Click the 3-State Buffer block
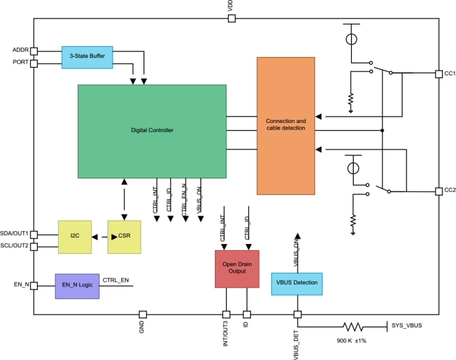(x=87, y=56)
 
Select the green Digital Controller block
(x=152, y=130)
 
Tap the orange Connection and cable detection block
(x=286, y=126)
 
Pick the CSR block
(x=124, y=237)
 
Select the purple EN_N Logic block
(x=78, y=285)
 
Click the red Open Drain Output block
(x=236, y=268)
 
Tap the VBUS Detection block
(x=296, y=283)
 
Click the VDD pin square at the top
(x=231, y=19)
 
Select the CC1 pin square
(x=439, y=74)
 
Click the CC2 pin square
(x=439, y=191)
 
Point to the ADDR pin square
(x=34, y=51)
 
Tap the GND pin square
(x=142, y=314)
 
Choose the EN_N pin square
(x=34, y=285)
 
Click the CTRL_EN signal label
(x=115, y=280)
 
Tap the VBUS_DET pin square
(x=297, y=314)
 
